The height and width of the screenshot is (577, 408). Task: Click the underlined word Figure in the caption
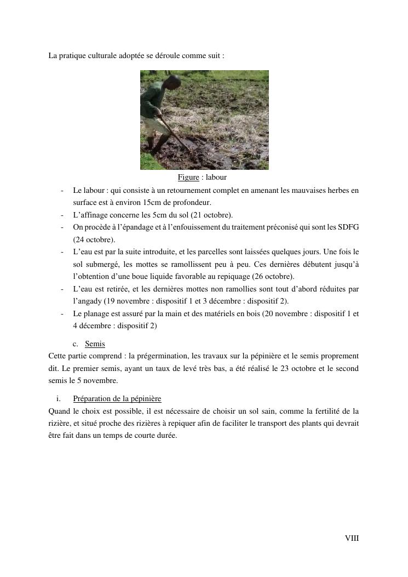tap(188, 178)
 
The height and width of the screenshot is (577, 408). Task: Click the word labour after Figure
tap(216, 178)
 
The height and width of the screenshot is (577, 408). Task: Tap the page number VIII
tap(352, 538)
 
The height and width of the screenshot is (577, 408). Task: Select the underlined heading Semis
tap(95, 344)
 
